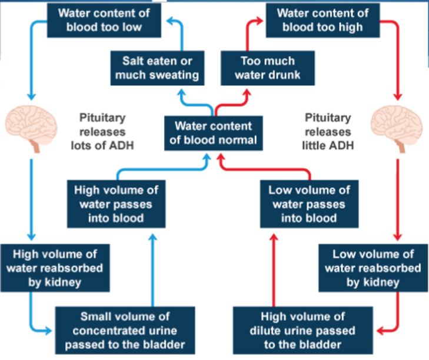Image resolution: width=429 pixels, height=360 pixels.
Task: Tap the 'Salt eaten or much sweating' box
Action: coord(157,68)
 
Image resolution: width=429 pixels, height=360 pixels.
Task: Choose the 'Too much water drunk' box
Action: coord(267,68)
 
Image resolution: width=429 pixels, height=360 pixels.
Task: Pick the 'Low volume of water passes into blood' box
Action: coord(309,204)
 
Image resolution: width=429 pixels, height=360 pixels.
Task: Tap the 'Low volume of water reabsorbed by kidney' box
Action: coord(373,268)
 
